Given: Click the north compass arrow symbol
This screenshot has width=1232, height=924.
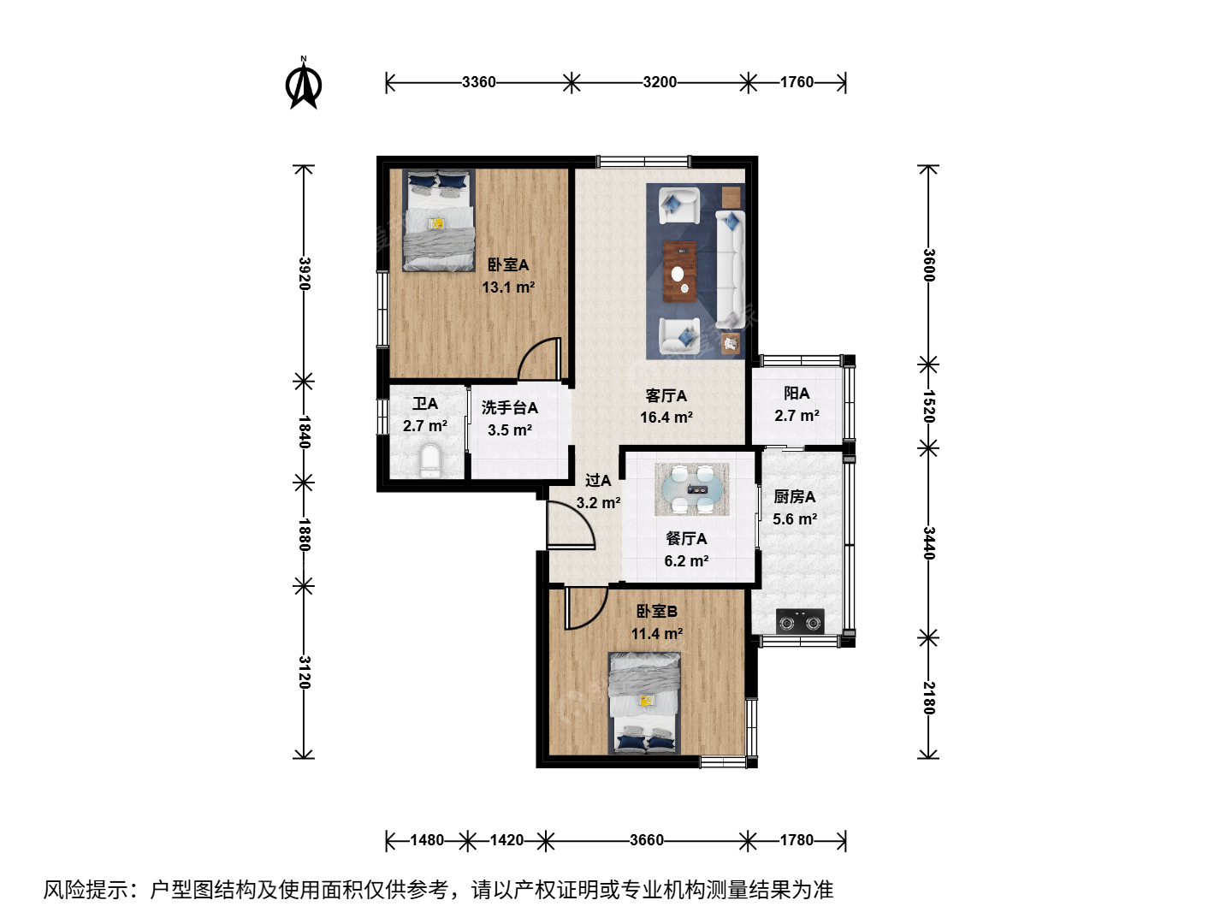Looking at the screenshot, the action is [304, 84].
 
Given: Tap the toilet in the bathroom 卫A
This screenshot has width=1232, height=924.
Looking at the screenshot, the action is [431, 460].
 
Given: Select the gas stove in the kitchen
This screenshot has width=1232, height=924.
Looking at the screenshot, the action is [800, 621].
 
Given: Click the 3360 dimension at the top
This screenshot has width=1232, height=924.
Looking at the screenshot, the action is [479, 82].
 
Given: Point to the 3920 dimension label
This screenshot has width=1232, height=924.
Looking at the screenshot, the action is [305, 273].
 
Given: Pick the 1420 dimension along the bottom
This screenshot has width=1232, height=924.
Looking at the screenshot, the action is [506, 840].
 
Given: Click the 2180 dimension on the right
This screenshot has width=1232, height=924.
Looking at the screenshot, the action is [929, 698].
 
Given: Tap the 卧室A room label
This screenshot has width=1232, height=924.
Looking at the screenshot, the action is [508, 265].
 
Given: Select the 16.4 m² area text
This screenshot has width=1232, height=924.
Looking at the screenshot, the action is [666, 418].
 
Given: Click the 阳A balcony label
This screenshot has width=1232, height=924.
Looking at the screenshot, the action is [797, 394].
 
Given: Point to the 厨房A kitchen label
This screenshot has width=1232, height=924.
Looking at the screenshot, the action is [794, 496].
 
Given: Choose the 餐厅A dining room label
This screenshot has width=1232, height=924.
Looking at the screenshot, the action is [686, 539].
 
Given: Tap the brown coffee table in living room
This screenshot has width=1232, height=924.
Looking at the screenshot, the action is [679, 271].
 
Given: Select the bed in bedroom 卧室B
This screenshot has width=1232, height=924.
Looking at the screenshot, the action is [644, 703].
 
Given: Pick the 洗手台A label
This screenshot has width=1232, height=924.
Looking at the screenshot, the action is [510, 408].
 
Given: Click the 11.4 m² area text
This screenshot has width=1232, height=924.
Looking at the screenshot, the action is [657, 634].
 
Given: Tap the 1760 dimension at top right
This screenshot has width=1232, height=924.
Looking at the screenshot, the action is [797, 82].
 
